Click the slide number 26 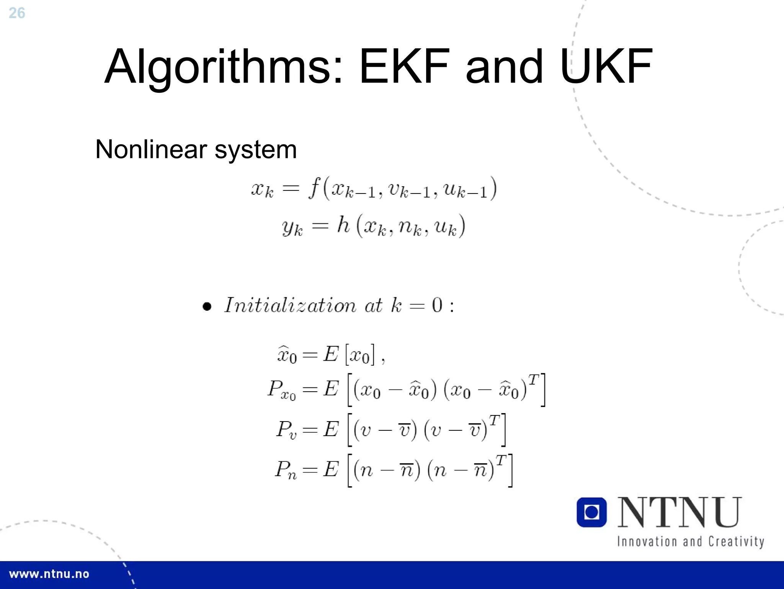pos(17,13)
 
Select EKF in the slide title pos(404,66)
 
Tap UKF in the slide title pos(606,66)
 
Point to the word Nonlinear pos(151,149)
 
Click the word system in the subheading pos(255,150)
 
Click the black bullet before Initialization pos(207,307)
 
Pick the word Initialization pos(290,305)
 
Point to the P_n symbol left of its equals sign pos(286,469)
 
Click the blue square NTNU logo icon pos(591,512)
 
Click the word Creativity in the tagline pos(736,542)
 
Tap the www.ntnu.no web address pos(49,574)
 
